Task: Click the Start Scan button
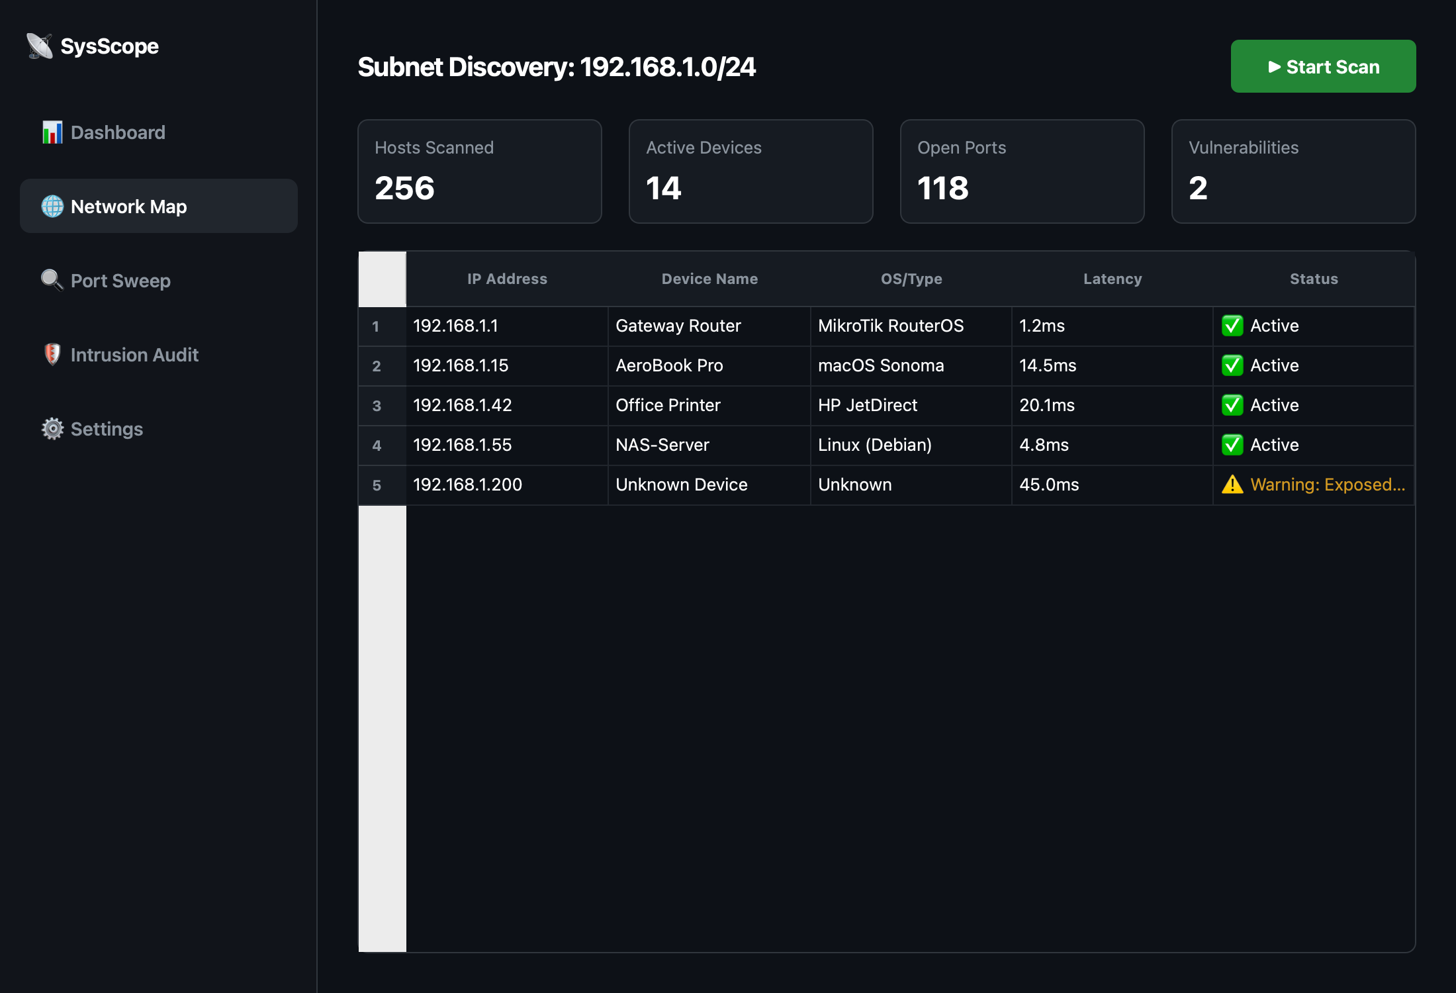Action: coord(1323,66)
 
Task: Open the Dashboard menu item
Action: coord(117,132)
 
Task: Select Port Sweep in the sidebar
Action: coord(120,281)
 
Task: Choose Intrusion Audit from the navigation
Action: coord(134,355)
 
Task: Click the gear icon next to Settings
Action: coord(52,429)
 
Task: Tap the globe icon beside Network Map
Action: coord(52,207)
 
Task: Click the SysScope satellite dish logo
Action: coord(40,46)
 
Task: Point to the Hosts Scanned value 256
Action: coord(404,188)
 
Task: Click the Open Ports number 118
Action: coord(942,188)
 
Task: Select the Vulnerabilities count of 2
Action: coord(1198,188)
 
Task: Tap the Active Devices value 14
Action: coord(663,188)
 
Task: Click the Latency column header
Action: coord(1113,279)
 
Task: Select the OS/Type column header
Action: coord(911,279)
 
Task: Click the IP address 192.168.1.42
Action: coord(463,405)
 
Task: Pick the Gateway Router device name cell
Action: coord(678,326)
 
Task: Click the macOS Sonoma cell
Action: coord(881,365)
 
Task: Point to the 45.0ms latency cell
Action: coord(1049,485)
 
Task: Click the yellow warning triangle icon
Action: coord(1232,485)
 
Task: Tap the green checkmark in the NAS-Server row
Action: coord(1232,445)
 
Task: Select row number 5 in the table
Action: coord(377,485)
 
